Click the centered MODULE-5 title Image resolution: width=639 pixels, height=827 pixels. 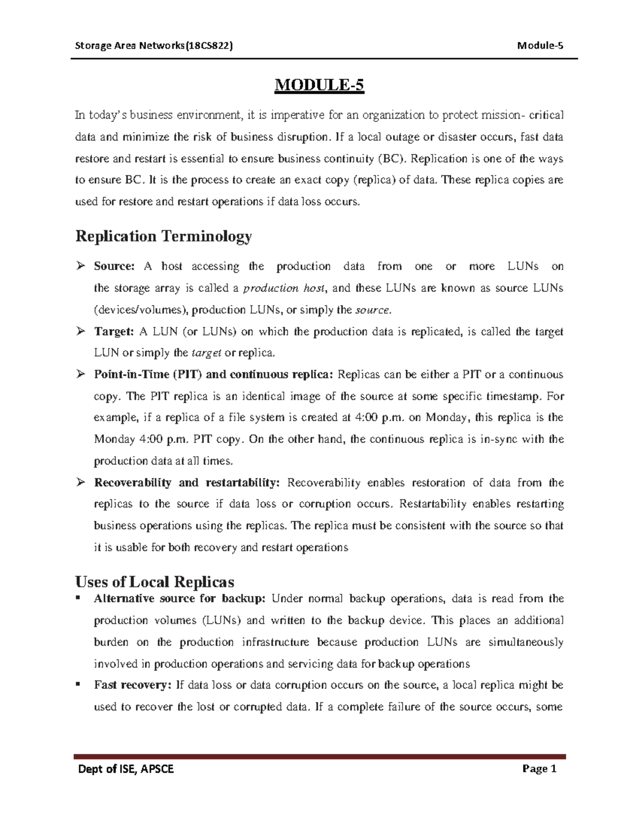coord(319,86)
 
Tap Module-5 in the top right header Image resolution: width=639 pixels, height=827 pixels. coord(540,45)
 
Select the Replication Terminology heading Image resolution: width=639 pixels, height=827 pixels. coord(163,236)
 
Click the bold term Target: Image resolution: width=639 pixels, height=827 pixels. coord(113,332)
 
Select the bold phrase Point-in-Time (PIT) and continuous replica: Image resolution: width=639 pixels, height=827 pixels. coord(214,375)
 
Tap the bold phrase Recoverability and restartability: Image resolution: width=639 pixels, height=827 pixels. coord(186,483)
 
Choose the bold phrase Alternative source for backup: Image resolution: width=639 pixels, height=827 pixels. coord(179,599)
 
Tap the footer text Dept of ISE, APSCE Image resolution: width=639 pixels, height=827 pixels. coord(126,769)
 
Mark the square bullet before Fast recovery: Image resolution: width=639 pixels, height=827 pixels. coord(79,684)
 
